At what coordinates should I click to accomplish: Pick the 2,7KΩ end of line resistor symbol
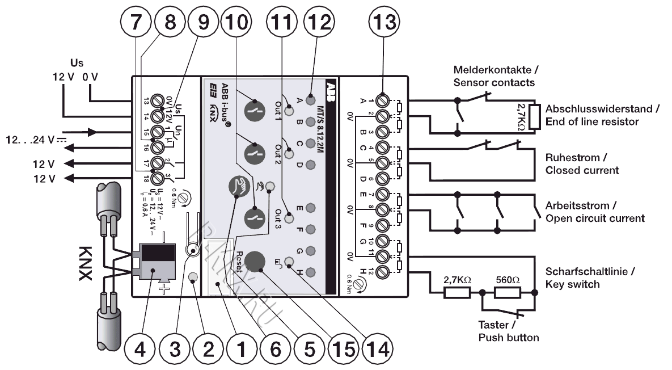(x=533, y=116)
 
